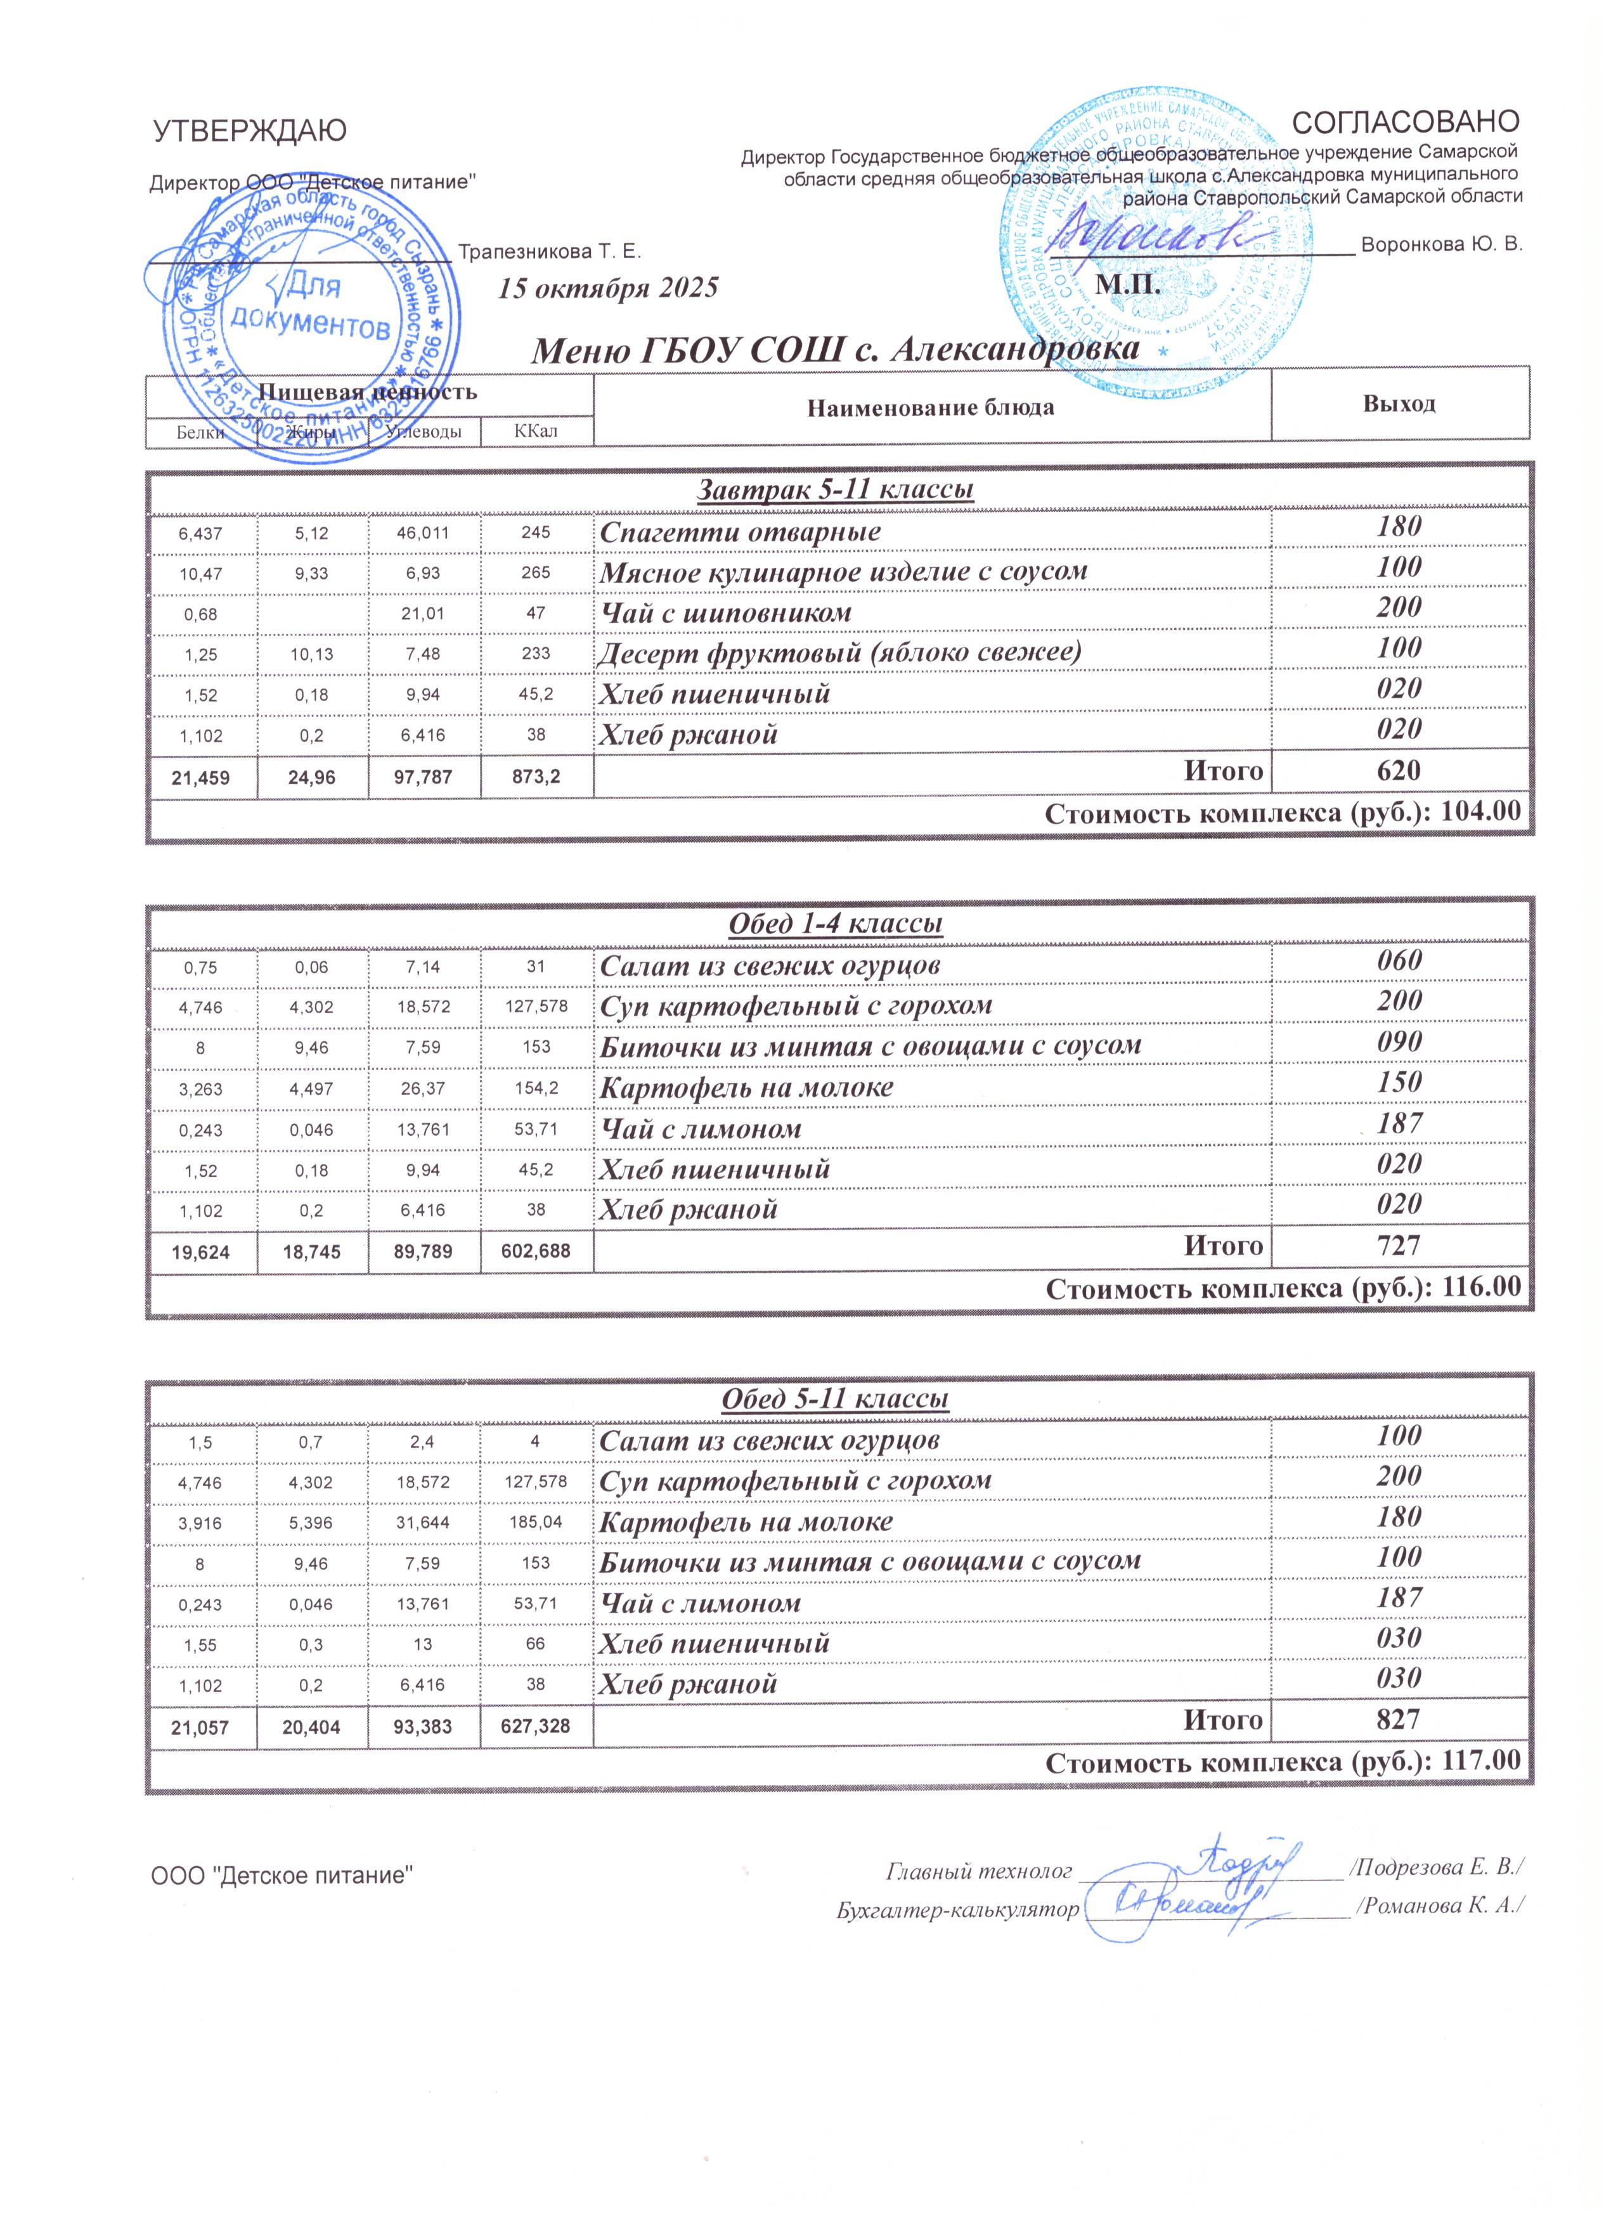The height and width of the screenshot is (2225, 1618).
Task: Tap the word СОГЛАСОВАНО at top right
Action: (x=1406, y=122)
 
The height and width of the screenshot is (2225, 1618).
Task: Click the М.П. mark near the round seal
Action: (x=1129, y=285)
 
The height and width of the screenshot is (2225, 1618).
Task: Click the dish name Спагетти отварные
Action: (x=740, y=532)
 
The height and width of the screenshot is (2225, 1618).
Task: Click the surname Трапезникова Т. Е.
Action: (x=550, y=252)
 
